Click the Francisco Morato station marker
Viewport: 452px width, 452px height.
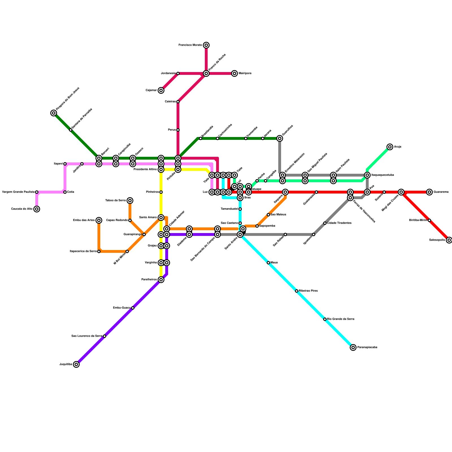point(206,45)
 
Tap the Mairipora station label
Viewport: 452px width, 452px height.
point(245,73)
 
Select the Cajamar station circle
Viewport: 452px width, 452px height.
point(161,90)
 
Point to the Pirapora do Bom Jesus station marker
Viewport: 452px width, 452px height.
point(54,113)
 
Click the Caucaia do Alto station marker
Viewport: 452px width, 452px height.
point(37,209)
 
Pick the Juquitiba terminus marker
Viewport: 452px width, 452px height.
point(76,364)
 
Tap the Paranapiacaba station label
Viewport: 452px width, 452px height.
point(367,347)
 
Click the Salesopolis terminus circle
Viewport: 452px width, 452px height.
point(449,240)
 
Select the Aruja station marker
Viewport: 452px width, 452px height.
point(390,147)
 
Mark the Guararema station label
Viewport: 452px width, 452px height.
point(441,192)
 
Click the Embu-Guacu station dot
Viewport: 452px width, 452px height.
point(133,308)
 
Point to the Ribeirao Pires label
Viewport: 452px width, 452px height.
point(308,291)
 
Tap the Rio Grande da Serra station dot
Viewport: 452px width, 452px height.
point(325,319)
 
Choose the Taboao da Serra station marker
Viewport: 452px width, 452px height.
point(130,201)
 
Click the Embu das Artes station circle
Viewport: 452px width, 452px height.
point(99,220)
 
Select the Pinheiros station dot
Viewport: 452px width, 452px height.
point(161,192)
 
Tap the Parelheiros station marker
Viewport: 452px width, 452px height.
point(161,280)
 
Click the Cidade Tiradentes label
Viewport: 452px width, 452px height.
point(339,223)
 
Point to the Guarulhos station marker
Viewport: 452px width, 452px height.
point(280,138)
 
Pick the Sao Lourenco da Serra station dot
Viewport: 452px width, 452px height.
point(105,336)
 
